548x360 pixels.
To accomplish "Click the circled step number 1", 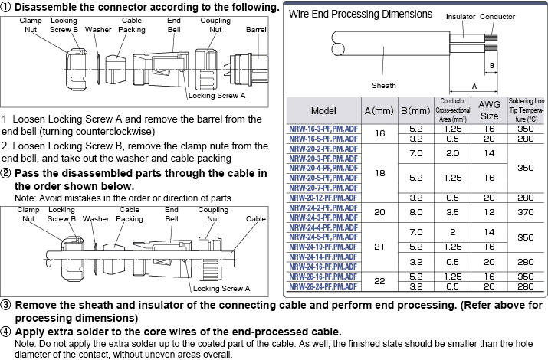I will [7, 7].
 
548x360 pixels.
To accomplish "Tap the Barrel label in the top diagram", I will [256, 30].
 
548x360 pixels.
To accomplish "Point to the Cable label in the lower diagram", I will [256, 218].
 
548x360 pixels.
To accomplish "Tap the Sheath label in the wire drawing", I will [384, 85].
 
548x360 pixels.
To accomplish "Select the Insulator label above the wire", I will [460, 15].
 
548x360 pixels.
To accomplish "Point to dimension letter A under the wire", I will [475, 86].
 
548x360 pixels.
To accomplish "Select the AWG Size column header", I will [489, 110].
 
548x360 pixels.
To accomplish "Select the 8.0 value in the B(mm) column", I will [417, 211].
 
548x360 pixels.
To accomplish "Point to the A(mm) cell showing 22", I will [379, 281].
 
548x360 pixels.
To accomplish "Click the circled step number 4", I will [7, 332].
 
